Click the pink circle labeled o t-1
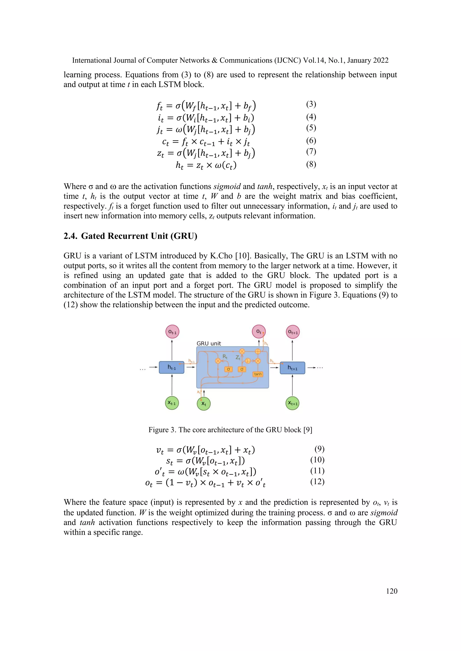[172, 332]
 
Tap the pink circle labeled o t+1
[293, 332]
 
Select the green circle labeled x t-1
[172, 403]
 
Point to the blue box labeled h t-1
[172, 368]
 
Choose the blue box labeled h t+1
[292, 368]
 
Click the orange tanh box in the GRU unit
[258, 374]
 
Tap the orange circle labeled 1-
[248, 361]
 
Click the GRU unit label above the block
[209, 343]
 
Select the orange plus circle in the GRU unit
[258, 352]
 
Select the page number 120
[391, 591]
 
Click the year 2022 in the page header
[381, 60]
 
